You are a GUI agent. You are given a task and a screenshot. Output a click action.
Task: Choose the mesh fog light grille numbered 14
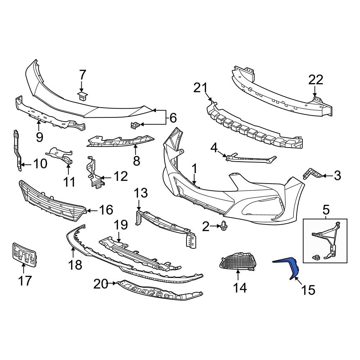click(238, 261)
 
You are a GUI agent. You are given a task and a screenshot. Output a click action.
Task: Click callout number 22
click(315, 80)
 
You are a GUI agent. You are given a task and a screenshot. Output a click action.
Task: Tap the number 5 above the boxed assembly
click(326, 208)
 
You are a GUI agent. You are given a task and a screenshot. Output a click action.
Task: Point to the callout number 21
click(201, 87)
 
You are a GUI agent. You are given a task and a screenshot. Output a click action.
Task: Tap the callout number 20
click(101, 284)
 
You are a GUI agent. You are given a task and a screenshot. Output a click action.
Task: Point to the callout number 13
click(141, 193)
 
